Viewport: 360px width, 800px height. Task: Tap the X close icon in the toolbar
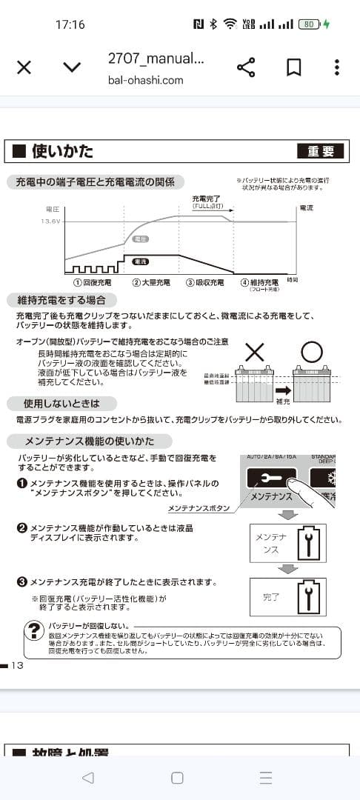24,67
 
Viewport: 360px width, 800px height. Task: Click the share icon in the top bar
246,67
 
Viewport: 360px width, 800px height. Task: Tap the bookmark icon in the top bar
293,67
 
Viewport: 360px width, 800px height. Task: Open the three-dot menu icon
336,67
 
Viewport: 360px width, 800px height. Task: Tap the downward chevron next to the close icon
71,67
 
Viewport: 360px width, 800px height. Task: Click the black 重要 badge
321,151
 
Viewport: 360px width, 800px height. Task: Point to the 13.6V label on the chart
50,221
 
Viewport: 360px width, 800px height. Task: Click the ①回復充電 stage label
93,282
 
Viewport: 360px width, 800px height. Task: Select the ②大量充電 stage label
151,282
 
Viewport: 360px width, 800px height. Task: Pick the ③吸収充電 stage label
205,282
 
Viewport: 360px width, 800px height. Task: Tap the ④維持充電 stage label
259,282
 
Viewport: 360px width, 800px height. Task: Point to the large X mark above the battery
254,353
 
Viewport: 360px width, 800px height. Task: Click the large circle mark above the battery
313,353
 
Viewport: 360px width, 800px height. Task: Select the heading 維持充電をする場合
61,300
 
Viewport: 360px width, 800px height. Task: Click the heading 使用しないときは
63,404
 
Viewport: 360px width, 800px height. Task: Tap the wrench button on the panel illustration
270,479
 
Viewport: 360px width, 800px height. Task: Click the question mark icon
33,630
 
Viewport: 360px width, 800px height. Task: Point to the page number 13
18,665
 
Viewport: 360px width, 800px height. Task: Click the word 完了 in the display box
271,596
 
